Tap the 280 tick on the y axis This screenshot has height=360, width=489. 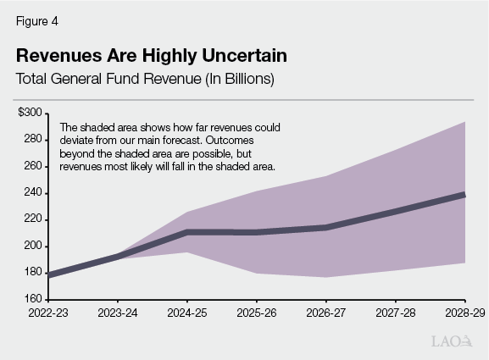click(34, 139)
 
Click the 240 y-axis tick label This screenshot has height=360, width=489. click(34, 192)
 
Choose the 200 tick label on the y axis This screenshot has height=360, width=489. click(34, 246)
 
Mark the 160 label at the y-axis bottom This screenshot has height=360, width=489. click(34, 299)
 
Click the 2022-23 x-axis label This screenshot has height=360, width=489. click(48, 313)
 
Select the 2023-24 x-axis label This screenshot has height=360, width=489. click(118, 313)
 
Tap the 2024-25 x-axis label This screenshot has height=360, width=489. click(187, 313)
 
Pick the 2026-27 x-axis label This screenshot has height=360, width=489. click(326, 313)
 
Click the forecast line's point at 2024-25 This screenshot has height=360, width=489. click(187, 231)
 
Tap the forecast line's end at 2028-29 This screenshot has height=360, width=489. click(464, 195)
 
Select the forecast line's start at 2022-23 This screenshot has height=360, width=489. click(49, 275)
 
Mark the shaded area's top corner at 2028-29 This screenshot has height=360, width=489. click(464, 122)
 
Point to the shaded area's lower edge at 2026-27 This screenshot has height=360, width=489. click(326, 277)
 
